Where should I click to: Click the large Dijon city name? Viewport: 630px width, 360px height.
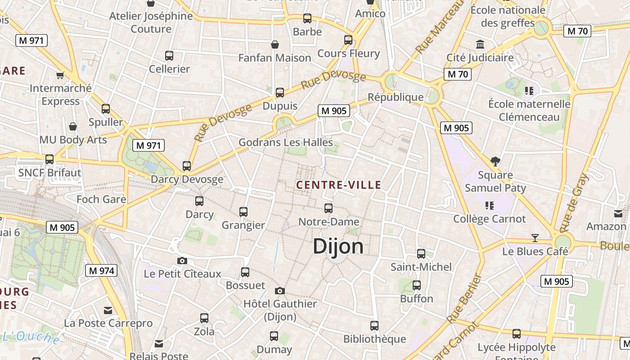pyautogui.click(x=338, y=247)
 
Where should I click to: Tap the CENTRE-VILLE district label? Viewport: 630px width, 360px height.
pyautogui.click(x=339, y=185)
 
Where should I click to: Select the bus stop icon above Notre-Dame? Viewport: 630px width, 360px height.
pyautogui.click(x=328, y=208)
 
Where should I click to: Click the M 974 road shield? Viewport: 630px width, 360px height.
pyautogui.click(x=101, y=270)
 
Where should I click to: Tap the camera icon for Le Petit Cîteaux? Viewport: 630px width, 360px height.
pyautogui.click(x=182, y=261)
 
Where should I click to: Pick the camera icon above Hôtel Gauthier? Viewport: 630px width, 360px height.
pyautogui.click(x=280, y=291)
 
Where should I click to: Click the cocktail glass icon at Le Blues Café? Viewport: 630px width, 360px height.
pyautogui.click(x=535, y=238)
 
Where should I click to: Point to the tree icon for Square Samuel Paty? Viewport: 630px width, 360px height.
pyautogui.click(x=495, y=161)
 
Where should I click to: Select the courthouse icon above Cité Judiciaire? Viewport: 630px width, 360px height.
pyautogui.click(x=480, y=44)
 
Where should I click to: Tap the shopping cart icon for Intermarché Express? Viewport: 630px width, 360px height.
pyautogui.click(x=60, y=75)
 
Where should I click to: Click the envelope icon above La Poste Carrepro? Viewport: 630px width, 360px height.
pyautogui.click(x=108, y=310)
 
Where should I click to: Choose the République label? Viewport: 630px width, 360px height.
pyautogui.click(x=396, y=97)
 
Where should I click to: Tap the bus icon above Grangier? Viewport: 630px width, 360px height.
pyautogui.click(x=243, y=211)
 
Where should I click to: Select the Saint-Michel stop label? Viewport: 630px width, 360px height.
pyautogui.click(x=421, y=267)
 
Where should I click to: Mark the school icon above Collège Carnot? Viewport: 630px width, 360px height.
pyautogui.click(x=490, y=206)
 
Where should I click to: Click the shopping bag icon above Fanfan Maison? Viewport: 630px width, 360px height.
pyautogui.click(x=274, y=44)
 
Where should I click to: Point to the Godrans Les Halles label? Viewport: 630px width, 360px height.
pyautogui.click(x=285, y=143)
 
